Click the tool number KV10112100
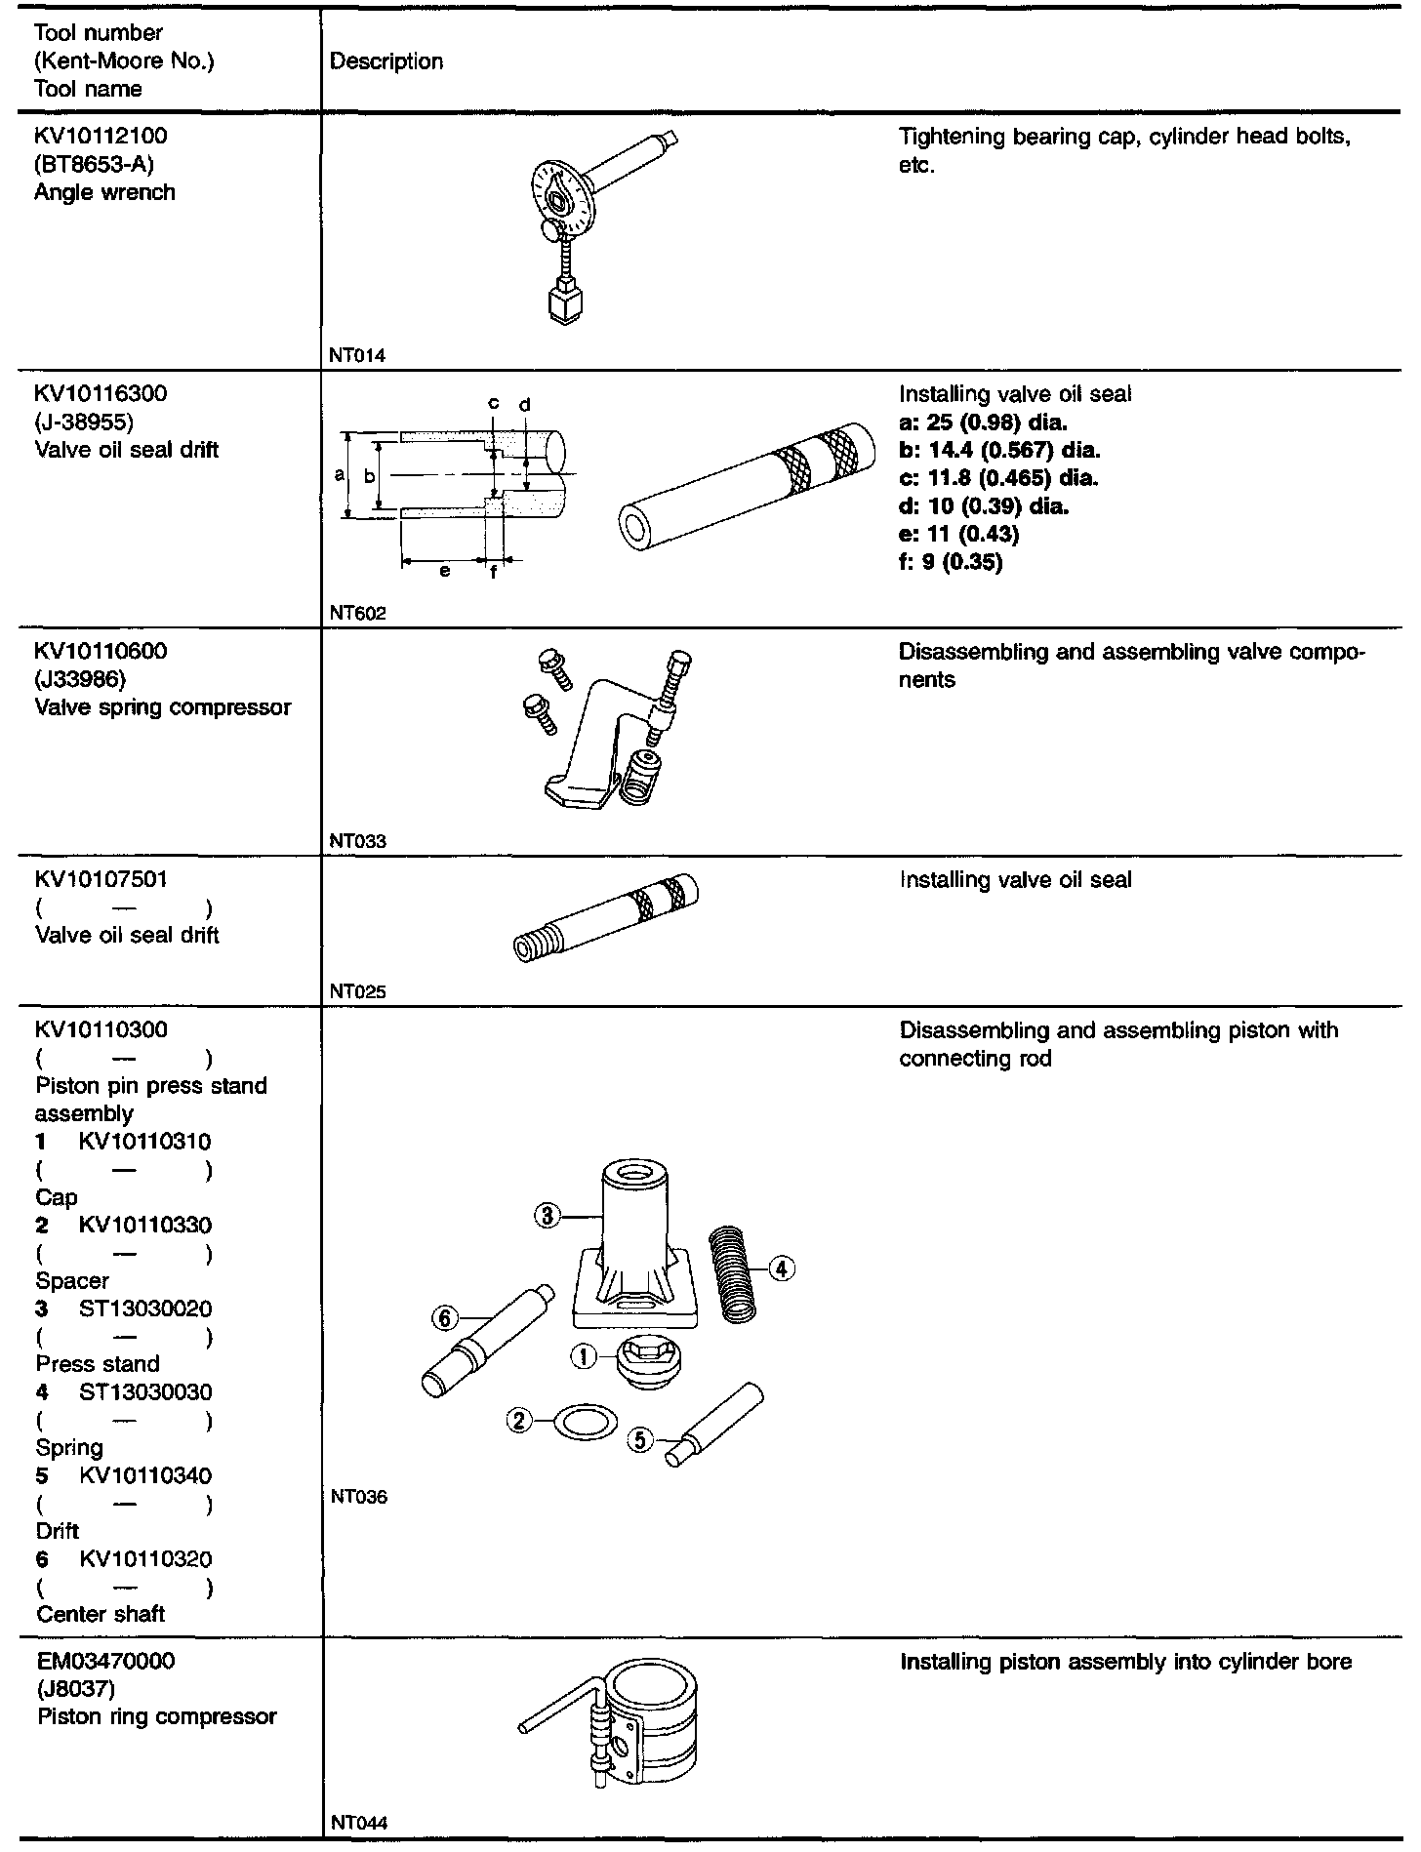click(x=100, y=136)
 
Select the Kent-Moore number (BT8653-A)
click(x=94, y=164)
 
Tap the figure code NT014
click(x=357, y=356)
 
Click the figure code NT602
click(x=357, y=614)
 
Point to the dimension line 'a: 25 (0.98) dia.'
click(x=983, y=423)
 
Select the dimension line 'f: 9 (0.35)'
click(x=951, y=563)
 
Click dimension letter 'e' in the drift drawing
click(x=444, y=572)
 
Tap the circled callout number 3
click(x=548, y=1216)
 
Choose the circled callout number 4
click(x=782, y=1268)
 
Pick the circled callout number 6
click(x=444, y=1318)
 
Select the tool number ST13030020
click(x=144, y=1308)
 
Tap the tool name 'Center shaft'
click(x=101, y=1615)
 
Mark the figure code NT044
click(x=358, y=1823)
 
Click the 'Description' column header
click(x=386, y=61)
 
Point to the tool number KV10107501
click(x=101, y=879)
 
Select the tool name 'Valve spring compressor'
click(x=163, y=707)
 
